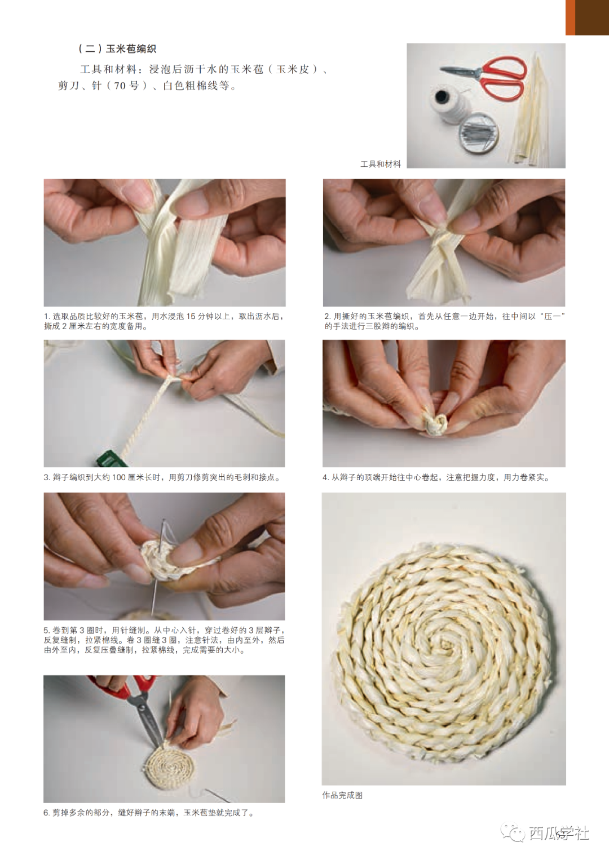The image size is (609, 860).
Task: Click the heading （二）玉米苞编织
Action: (117, 49)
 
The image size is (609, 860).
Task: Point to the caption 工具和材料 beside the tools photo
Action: (381, 165)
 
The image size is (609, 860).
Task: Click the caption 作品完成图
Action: (342, 796)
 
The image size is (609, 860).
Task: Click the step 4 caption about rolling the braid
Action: (436, 477)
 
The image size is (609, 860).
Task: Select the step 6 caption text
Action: (149, 813)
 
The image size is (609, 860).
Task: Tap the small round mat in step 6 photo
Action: (169, 766)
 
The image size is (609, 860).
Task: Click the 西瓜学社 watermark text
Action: (559, 834)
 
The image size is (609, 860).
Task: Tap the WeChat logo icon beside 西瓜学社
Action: (513, 832)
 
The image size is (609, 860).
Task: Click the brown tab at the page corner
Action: (587, 17)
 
